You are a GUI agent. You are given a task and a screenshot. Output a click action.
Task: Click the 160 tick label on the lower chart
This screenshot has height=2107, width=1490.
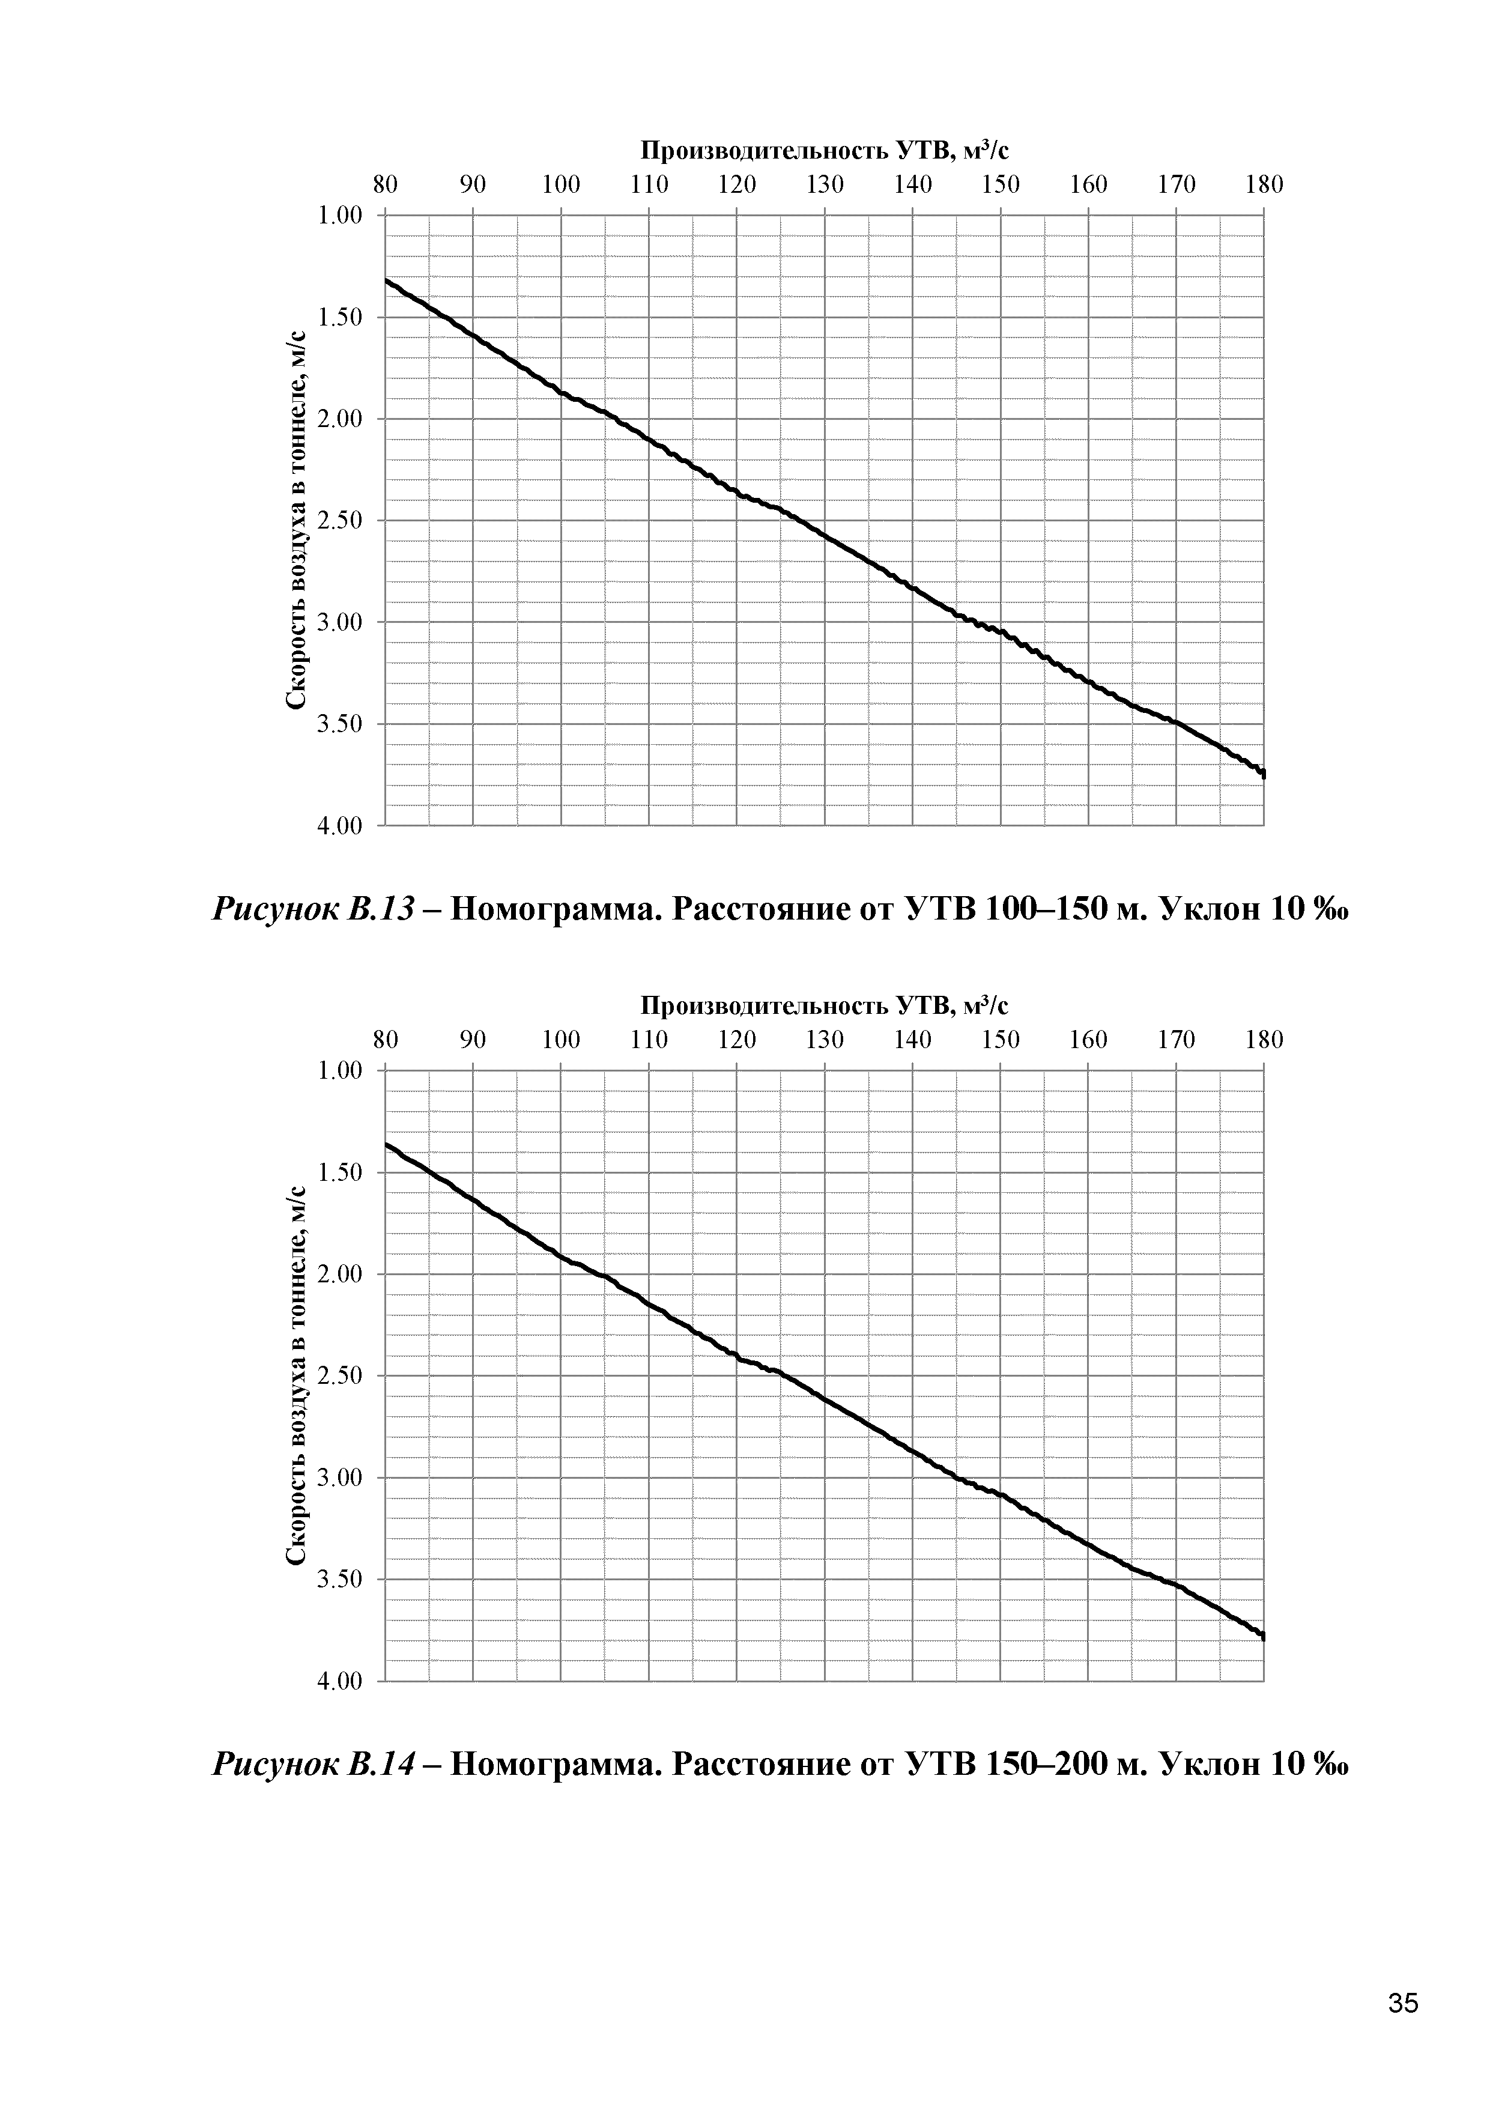tap(1088, 1040)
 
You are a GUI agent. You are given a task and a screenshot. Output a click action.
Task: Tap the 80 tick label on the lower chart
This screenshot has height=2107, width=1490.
tap(386, 1040)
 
